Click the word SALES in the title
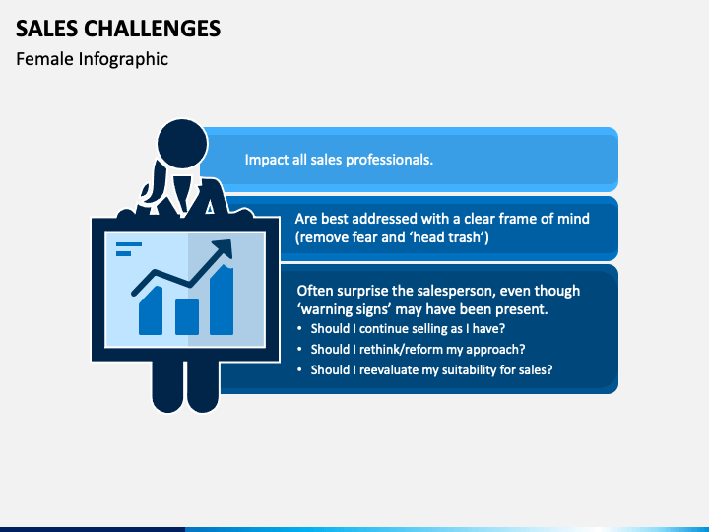click(x=46, y=29)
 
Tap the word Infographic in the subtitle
click(x=123, y=60)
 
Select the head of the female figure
click(x=182, y=144)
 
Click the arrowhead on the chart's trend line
click(x=224, y=247)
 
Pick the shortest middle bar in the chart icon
click(x=187, y=316)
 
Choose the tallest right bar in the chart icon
click(x=222, y=299)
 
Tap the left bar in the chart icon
click(x=151, y=310)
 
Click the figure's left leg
click(x=167, y=386)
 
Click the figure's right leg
click(x=203, y=386)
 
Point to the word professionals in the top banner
click(x=389, y=161)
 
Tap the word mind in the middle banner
click(x=573, y=219)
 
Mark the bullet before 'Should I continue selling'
click(x=299, y=329)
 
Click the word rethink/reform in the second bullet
click(x=401, y=349)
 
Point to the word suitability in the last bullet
click(x=469, y=370)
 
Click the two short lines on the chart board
click(x=128, y=249)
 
